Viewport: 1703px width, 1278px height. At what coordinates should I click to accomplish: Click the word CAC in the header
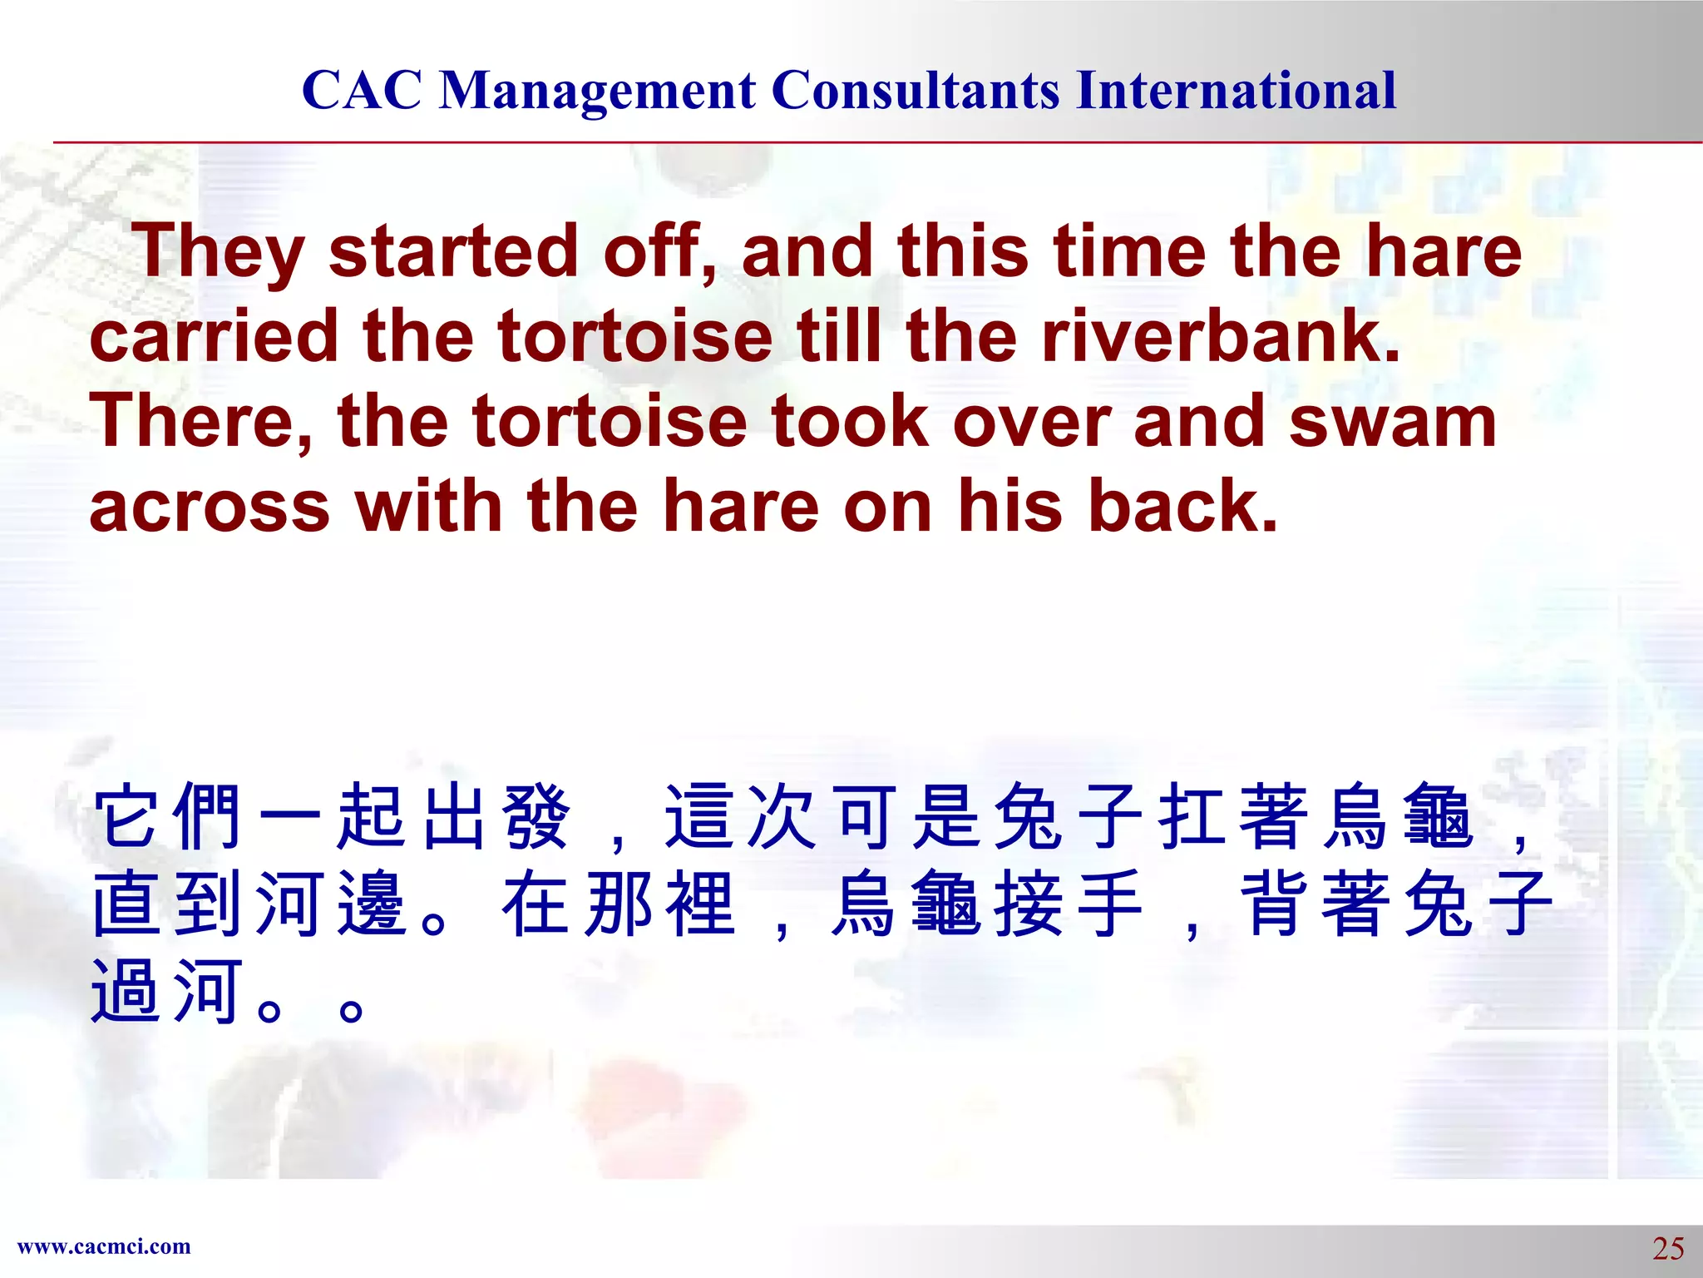[362, 90]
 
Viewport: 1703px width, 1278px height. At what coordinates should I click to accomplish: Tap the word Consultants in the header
[916, 90]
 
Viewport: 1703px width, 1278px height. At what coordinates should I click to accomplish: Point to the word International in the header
[1236, 90]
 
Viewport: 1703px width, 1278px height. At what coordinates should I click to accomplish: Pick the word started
[453, 251]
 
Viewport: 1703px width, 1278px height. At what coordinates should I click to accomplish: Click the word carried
[213, 336]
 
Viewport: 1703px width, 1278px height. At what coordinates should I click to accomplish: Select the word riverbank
[1221, 336]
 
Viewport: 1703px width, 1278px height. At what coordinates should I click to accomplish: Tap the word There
[200, 423]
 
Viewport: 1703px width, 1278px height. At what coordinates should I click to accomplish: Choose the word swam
[1393, 423]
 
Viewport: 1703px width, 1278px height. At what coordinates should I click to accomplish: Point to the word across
[210, 508]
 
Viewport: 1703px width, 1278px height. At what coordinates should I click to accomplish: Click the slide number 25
[1667, 1249]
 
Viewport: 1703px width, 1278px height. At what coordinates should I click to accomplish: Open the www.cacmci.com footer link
[104, 1246]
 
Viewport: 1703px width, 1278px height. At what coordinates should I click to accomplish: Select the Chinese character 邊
[372, 904]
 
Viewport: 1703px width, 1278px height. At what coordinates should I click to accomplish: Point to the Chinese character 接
[1028, 904]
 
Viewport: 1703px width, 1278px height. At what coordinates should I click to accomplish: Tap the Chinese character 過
[126, 990]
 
